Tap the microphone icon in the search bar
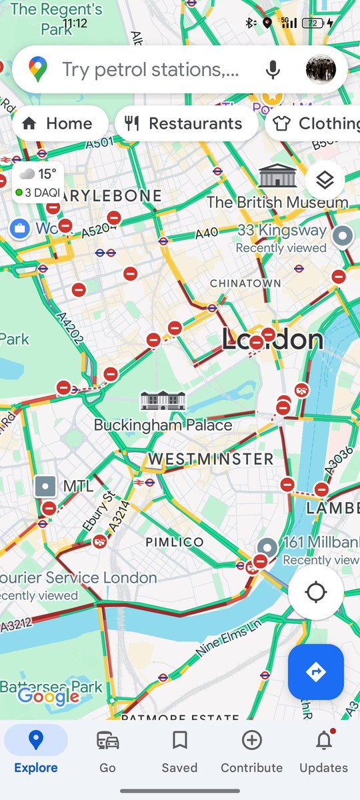click(272, 69)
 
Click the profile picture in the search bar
click(321, 69)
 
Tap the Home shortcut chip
click(59, 123)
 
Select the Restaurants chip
click(186, 123)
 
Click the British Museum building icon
click(277, 175)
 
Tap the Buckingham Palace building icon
click(163, 401)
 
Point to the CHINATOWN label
click(245, 283)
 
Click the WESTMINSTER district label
click(211, 459)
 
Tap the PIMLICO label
click(175, 542)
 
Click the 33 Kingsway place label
click(282, 231)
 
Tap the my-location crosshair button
click(316, 592)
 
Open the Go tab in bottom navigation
click(108, 751)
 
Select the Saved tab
click(179, 751)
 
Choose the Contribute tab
click(251, 751)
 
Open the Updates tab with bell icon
click(323, 751)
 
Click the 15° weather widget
click(39, 182)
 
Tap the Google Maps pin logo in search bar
click(38, 69)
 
